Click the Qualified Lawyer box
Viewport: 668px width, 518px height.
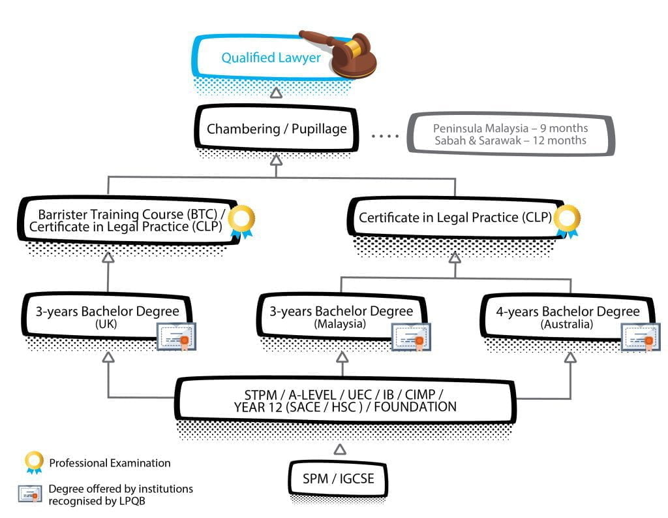click(271, 58)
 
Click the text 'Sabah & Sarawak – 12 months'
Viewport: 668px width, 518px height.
click(510, 140)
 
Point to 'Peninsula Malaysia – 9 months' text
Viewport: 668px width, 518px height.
click(510, 128)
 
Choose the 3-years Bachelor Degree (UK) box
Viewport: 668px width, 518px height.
click(108, 316)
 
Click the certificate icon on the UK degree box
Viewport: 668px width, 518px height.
click(176, 337)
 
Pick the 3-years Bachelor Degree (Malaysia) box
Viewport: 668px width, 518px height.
click(341, 316)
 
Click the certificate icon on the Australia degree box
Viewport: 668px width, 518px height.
click(640, 337)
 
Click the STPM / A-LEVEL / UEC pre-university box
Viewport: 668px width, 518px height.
click(344, 400)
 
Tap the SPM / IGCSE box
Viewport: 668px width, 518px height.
click(338, 479)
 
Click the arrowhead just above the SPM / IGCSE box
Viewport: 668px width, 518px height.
click(339, 449)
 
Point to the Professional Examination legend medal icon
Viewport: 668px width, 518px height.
click(33, 462)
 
